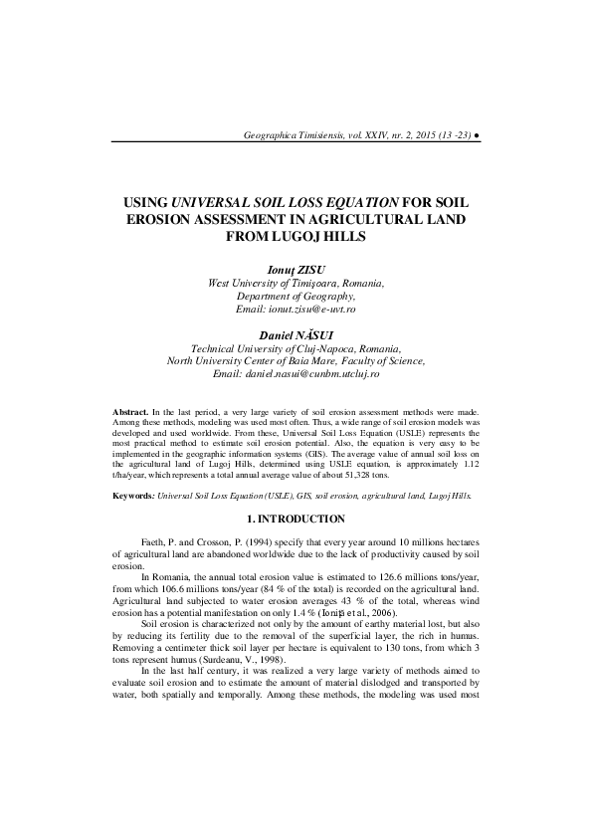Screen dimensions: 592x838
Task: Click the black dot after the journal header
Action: (478, 133)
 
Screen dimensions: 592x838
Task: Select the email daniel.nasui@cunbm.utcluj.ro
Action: (296, 375)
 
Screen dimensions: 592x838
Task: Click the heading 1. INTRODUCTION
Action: (296, 520)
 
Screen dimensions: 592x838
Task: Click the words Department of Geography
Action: (296, 297)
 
